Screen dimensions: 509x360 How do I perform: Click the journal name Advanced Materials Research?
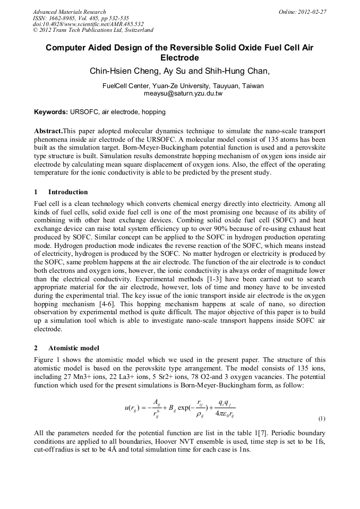69,12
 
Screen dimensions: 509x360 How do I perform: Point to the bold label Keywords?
51,112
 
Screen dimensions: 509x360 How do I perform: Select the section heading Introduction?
68,192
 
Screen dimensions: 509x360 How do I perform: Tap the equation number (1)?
321,418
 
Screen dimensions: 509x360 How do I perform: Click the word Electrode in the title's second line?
179,58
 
